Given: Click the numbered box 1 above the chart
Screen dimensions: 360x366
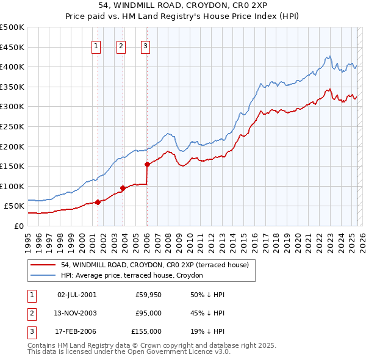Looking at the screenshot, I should (96, 46).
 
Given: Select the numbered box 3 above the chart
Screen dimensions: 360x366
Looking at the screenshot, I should (146, 46).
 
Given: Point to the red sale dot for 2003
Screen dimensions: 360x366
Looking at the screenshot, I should (123, 188).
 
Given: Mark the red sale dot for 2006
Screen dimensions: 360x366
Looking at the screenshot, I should (147, 164).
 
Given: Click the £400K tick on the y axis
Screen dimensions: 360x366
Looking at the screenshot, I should (12, 67).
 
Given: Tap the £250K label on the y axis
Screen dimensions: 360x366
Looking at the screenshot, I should (12, 126).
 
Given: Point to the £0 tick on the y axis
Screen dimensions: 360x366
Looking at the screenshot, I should (19, 226).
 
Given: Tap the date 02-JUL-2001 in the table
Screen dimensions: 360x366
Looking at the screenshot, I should (77, 295).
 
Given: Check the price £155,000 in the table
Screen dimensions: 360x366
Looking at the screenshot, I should (146, 331).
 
